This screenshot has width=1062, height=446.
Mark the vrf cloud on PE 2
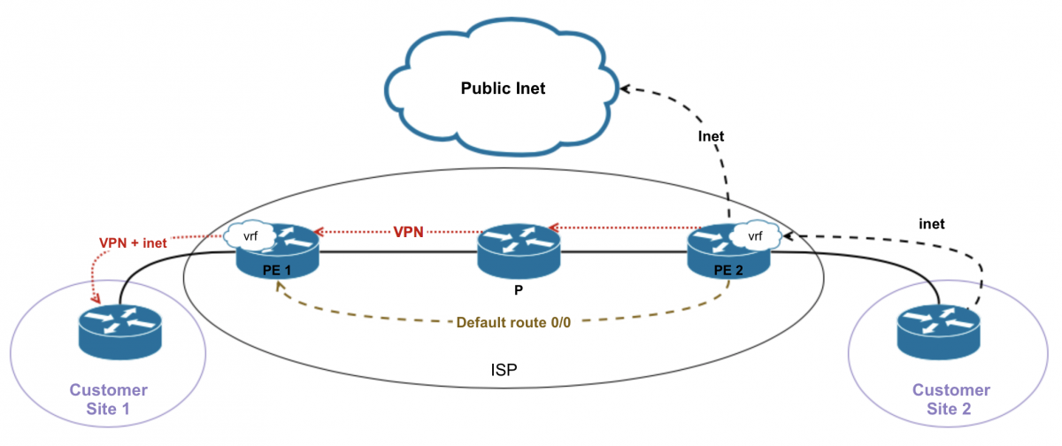pyautogui.click(x=753, y=236)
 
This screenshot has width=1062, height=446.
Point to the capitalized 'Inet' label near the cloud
pyautogui.click(x=711, y=136)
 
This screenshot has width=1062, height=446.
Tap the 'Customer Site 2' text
pyautogui.click(x=951, y=399)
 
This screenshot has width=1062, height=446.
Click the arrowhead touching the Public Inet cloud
pyautogui.click(x=624, y=88)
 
